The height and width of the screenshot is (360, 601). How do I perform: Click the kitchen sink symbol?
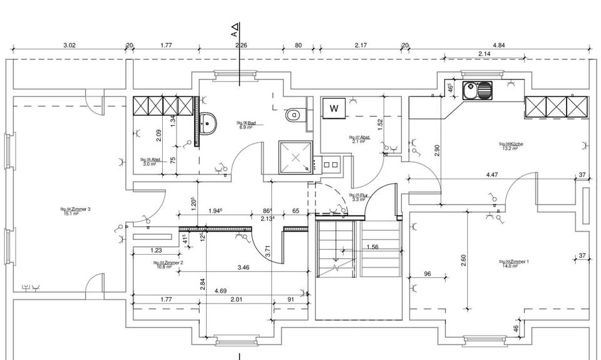478,91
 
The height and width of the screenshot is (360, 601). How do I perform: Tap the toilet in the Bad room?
292,115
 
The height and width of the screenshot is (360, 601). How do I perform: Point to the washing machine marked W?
334,108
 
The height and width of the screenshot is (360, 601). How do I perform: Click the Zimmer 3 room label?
76,210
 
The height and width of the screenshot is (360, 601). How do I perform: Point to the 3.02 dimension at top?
70,45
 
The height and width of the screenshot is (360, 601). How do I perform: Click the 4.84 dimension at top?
499,45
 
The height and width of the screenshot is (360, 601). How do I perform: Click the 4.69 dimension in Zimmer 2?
220,291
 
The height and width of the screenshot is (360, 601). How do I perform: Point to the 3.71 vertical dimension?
267,251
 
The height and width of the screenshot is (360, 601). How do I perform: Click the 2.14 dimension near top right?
484,54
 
